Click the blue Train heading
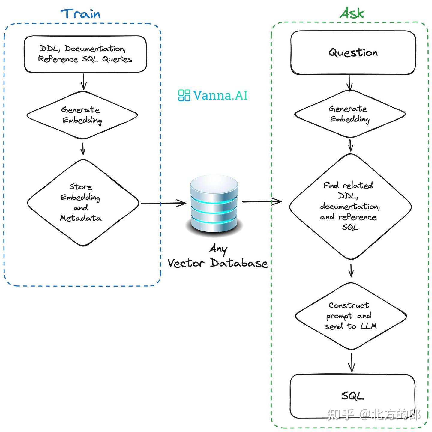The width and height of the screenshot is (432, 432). pos(80,14)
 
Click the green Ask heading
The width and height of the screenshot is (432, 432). pos(352,13)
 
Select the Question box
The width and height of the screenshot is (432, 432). pos(353,53)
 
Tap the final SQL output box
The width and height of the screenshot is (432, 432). pos(352,396)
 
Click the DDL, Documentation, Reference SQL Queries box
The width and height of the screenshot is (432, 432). pos(85,54)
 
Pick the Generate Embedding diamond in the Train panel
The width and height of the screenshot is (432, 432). pos(82,115)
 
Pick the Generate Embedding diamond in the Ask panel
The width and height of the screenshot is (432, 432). pos(350,114)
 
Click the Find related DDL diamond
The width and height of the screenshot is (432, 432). pos(350,206)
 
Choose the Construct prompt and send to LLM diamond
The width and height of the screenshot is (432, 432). pos(350,316)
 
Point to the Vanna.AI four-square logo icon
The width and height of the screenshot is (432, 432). pos(184,95)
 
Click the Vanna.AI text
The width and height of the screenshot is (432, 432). pos(220,96)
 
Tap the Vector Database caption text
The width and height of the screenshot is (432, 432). pos(218,263)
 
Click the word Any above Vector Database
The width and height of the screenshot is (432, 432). pos(218,249)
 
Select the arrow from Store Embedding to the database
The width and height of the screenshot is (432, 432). pos(163,203)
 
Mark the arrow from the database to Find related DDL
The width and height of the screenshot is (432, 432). pos(262,201)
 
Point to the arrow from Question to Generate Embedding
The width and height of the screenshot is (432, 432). pos(349,83)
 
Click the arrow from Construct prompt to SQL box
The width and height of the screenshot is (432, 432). pos(352,363)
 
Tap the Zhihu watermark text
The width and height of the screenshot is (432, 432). pos(374,415)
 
